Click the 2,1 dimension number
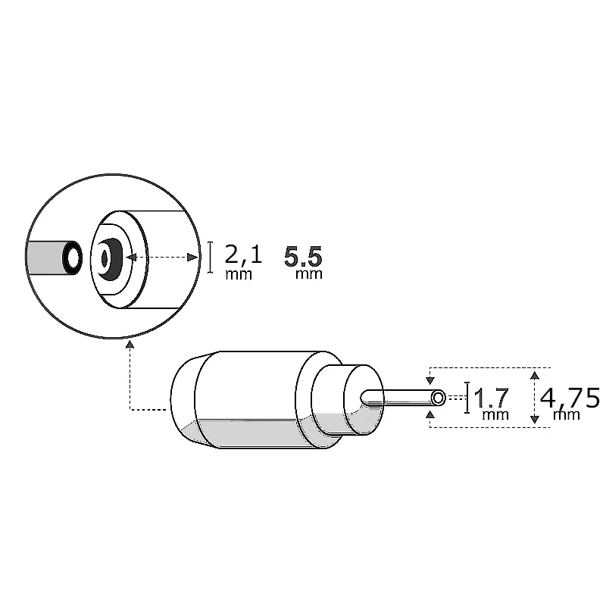tap(243, 253)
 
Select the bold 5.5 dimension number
tap(304, 256)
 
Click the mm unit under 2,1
tap(239, 274)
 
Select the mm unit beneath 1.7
tap(494, 414)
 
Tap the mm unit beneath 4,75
tap(567, 414)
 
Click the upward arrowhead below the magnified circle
tap(130, 345)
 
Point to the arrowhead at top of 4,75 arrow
tap(535, 374)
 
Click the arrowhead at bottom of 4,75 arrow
tap(535, 419)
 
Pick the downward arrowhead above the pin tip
tap(431, 381)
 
